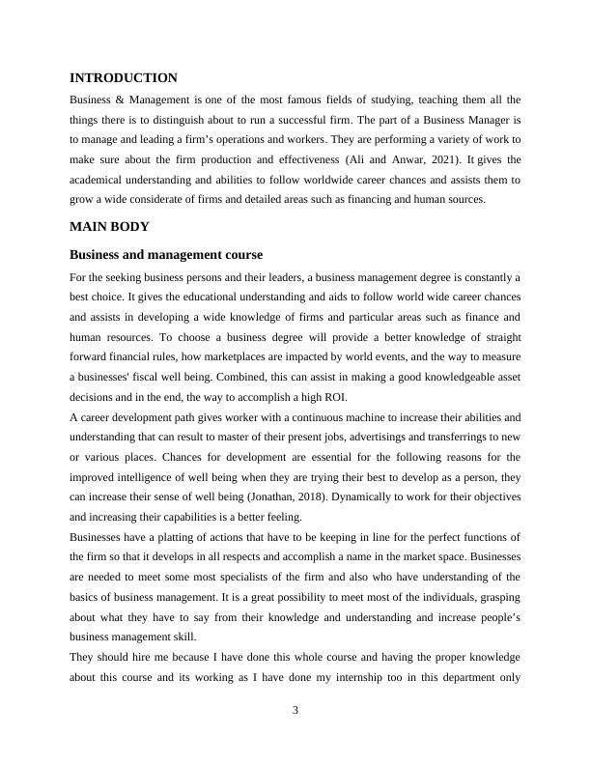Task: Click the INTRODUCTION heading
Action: (x=124, y=77)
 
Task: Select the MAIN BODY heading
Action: (x=108, y=226)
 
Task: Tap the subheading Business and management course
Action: (x=166, y=255)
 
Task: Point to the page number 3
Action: (x=295, y=711)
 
